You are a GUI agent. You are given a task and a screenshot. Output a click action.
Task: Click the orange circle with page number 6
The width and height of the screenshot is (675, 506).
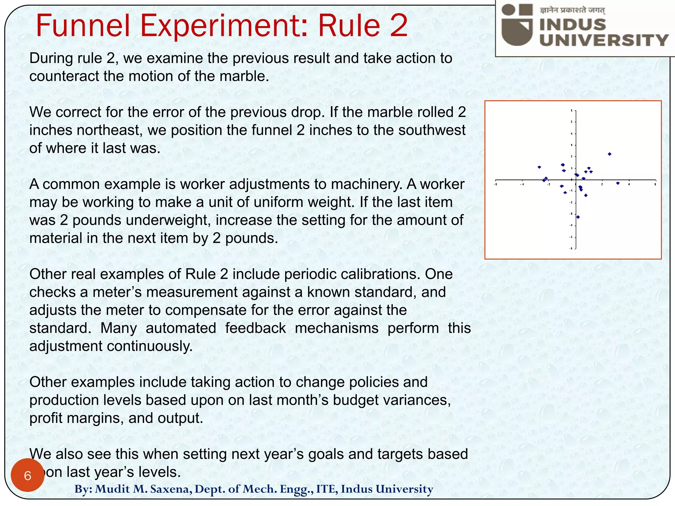click(28, 475)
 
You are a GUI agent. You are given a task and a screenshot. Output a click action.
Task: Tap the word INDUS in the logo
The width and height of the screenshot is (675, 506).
click(572, 25)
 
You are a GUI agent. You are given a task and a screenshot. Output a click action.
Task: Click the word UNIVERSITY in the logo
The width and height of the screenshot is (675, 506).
click(603, 40)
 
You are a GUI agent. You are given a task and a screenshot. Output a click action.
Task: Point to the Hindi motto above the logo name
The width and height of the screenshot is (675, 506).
click(572, 10)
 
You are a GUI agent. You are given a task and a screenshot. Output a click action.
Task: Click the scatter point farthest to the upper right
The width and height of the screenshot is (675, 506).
click(610, 154)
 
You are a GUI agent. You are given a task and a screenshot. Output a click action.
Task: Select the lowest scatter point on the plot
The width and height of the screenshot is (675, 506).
click(578, 217)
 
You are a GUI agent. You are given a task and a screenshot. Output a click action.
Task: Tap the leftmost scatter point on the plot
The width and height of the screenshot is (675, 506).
click(539, 167)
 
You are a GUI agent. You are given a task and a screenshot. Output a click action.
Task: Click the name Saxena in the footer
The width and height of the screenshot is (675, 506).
click(171, 489)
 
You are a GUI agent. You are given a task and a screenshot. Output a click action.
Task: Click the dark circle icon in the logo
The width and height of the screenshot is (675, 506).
click(508, 10)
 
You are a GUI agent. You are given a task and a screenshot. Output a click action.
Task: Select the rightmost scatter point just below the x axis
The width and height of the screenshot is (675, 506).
click(618, 183)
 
